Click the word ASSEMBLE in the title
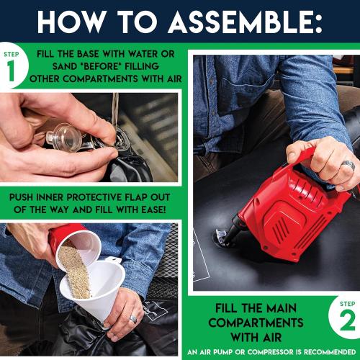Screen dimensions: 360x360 (245, 22)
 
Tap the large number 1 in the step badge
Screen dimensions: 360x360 (12, 71)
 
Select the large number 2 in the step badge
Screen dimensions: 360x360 (347, 321)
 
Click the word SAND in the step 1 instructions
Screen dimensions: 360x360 (65, 66)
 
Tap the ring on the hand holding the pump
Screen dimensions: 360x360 (348, 165)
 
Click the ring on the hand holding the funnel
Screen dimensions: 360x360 (132, 319)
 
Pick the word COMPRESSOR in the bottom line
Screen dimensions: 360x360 (270, 352)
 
